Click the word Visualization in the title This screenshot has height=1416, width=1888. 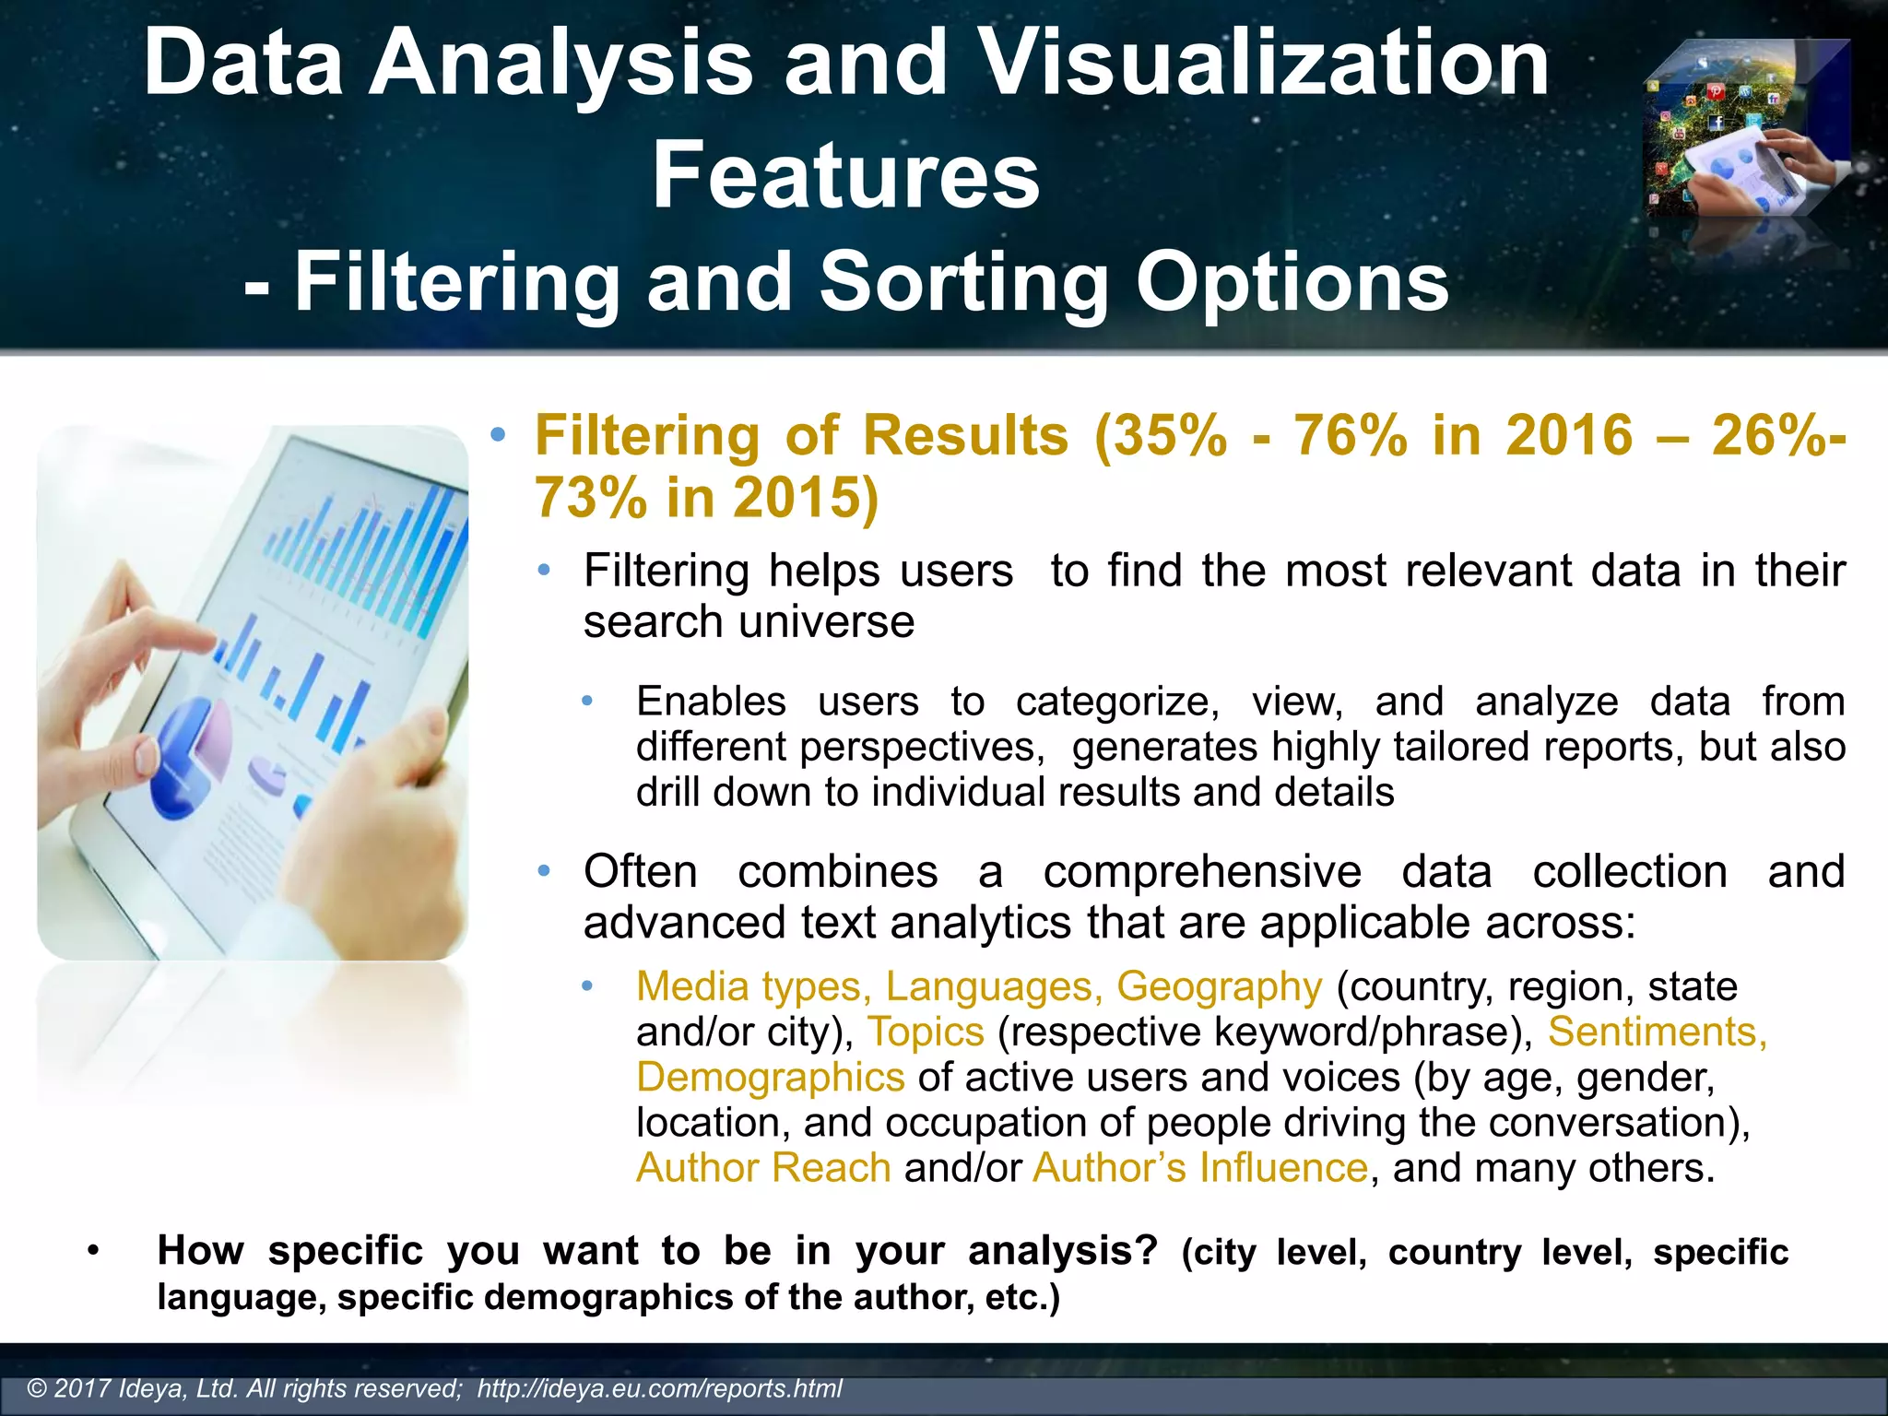point(1263,63)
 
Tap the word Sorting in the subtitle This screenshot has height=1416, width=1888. point(964,282)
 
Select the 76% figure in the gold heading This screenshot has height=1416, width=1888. point(1351,435)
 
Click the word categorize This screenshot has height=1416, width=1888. point(1117,702)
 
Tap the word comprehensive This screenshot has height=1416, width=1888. point(1202,872)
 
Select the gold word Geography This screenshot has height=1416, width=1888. point(1219,987)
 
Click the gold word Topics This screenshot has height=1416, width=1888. point(926,1032)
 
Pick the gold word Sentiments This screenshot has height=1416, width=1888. point(1657,1032)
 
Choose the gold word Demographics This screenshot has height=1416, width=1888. point(771,1078)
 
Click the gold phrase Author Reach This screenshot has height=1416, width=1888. point(763,1168)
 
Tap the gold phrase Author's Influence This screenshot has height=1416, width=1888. point(1200,1168)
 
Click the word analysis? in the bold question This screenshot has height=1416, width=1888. point(1063,1251)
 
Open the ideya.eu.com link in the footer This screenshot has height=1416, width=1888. point(660,1389)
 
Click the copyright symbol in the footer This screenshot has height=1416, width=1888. point(38,1389)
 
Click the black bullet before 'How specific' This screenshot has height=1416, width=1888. point(91,1252)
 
